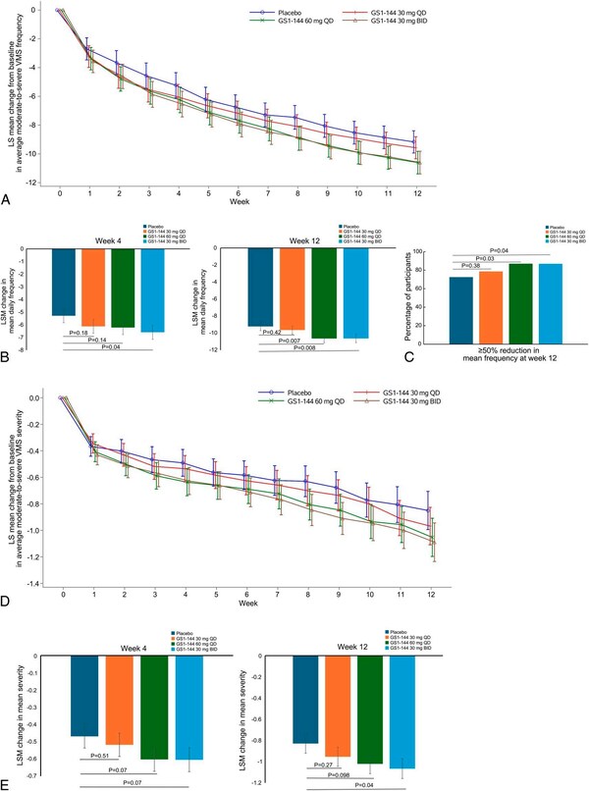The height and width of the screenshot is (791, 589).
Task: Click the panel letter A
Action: click(8, 199)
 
